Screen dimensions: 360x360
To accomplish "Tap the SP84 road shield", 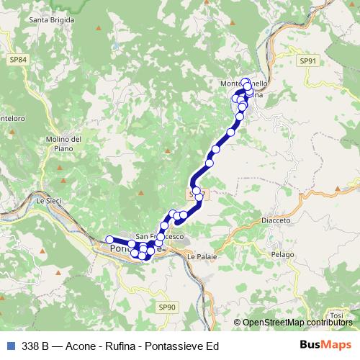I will click(19, 59).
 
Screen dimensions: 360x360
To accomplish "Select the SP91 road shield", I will click(308, 61).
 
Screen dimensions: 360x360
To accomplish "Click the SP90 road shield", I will click(166, 307).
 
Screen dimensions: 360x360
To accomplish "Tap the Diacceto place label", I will click(276, 220).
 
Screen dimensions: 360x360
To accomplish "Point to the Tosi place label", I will click(336, 315).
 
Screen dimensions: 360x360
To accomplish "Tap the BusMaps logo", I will click(325, 346).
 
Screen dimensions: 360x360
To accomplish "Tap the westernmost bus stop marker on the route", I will click(110, 240).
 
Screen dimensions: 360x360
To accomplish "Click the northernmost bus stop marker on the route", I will click(246, 82).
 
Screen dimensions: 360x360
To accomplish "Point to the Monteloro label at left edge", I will click(13, 118).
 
